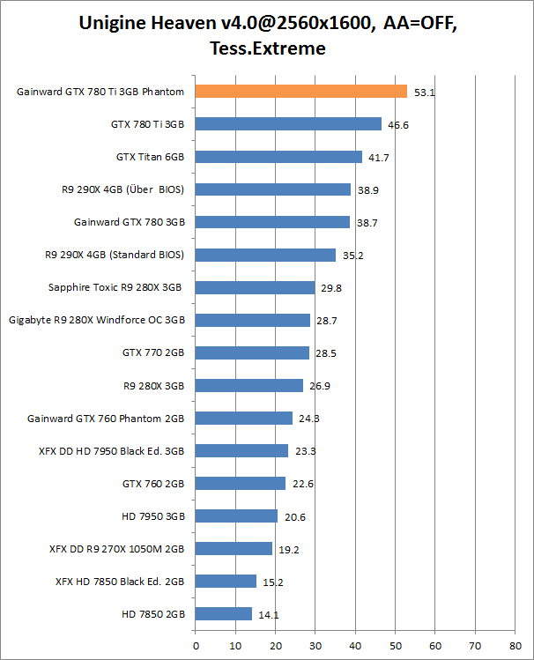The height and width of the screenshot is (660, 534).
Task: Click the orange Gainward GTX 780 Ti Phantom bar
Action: click(x=300, y=91)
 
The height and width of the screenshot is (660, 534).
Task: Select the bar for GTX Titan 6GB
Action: click(x=278, y=157)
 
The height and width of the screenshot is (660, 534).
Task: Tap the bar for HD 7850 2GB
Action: click(x=224, y=613)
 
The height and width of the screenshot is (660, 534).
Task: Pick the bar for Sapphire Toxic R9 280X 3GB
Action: click(x=255, y=287)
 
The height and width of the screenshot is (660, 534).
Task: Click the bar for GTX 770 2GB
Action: click(x=252, y=352)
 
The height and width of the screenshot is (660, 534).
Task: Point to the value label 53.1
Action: click(x=420, y=92)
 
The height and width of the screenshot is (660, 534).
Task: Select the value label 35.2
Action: click(x=352, y=256)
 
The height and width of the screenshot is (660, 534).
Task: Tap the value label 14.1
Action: click(x=268, y=614)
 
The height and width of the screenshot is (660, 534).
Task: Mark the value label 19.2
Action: click(x=288, y=549)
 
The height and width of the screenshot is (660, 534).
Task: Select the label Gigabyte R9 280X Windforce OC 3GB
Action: click(x=96, y=320)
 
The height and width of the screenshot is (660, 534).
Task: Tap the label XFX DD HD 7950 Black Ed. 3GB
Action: click(x=111, y=450)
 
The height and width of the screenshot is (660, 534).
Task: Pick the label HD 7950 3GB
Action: click(x=153, y=515)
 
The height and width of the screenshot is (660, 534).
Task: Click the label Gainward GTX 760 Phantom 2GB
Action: click(x=106, y=418)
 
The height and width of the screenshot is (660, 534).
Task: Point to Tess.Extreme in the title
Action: click(x=267, y=48)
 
